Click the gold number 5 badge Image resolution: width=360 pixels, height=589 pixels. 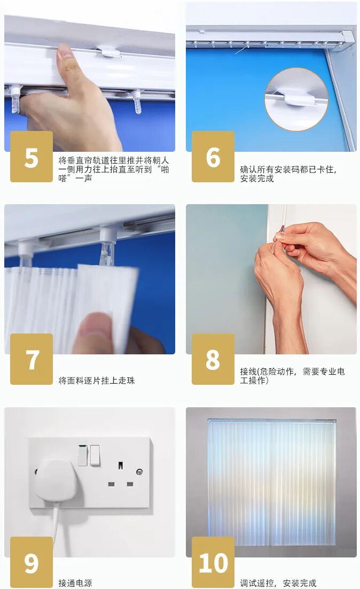[31, 157]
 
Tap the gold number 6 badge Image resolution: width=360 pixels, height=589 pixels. [213, 157]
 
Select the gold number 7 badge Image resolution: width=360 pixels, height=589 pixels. [31, 359]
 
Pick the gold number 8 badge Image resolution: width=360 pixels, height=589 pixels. [213, 359]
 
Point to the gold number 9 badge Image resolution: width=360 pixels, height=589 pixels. [31, 562]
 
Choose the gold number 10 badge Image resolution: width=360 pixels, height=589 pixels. [213, 562]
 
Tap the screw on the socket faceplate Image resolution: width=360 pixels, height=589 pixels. [139, 471]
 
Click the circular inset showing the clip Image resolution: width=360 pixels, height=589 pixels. [296, 99]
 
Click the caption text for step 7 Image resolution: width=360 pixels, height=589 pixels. [97, 381]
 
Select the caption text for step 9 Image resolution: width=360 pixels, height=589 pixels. [75, 583]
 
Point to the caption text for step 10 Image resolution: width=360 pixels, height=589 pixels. [278, 583]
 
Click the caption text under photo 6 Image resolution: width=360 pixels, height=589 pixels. [288, 174]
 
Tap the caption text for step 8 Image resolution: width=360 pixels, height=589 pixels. [292, 376]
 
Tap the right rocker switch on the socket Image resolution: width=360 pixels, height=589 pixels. [95, 455]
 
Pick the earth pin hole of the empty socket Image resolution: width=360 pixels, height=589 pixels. [120, 466]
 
